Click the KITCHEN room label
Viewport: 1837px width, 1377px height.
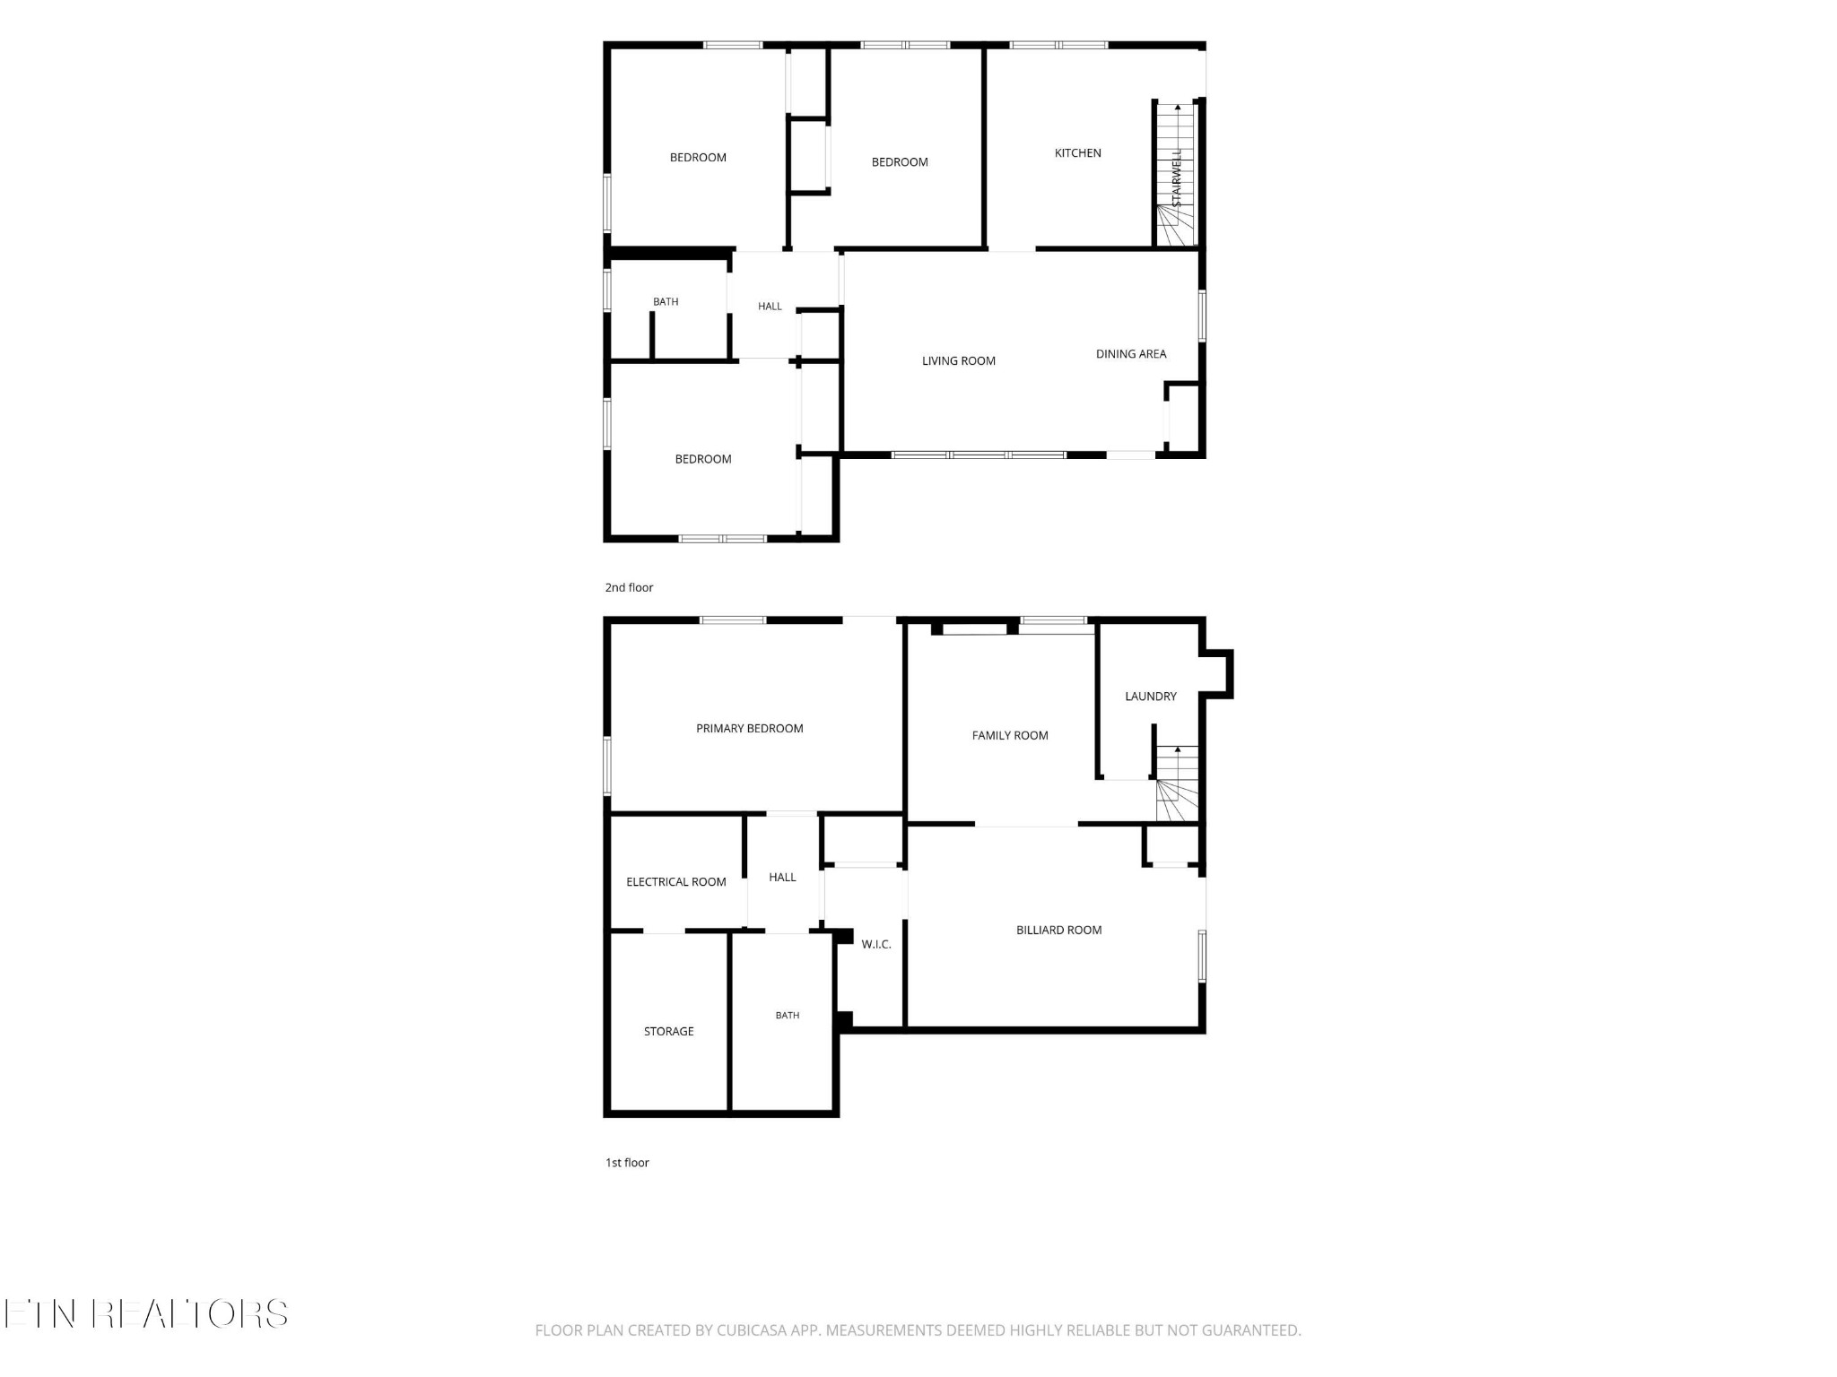coord(1077,153)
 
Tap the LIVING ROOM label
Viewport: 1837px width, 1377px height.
coord(959,361)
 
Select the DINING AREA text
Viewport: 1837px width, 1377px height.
coord(1131,354)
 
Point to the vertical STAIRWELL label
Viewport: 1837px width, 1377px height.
coord(1177,178)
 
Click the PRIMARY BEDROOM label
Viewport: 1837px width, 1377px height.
coord(750,729)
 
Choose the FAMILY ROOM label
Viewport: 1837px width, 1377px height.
coord(1010,736)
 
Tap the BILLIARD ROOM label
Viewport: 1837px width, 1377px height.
coord(1058,931)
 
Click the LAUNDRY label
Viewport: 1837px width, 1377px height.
coord(1151,697)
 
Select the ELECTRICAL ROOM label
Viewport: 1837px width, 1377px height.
coord(676,882)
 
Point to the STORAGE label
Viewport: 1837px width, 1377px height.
coord(669,1032)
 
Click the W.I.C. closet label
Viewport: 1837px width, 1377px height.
coord(876,945)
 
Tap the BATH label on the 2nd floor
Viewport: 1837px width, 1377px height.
coord(666,302)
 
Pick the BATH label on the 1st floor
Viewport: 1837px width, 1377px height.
coord(788,1016)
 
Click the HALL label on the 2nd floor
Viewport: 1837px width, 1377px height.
coord(770,307)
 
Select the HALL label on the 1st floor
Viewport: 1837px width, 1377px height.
coord(782,878)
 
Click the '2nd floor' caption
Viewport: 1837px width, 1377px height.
coord(629,588)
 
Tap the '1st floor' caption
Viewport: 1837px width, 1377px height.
coord(627,1163)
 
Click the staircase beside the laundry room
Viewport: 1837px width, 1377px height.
coord(1177,784)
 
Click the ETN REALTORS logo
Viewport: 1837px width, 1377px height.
coord(145,1314)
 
